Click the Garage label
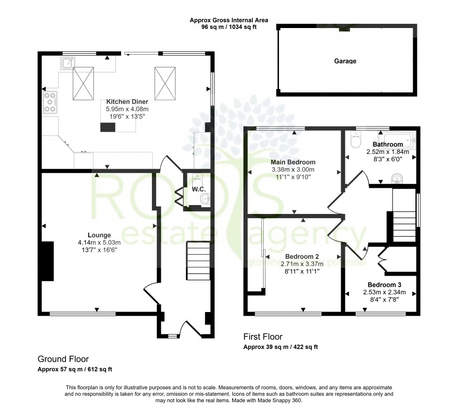tap(345, 61)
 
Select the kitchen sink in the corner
tap(66, 63)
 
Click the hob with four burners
tap(50, 103)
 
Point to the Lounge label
tap(99, 235)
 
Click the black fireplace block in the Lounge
tap(48, 261)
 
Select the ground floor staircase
tap(199, 260)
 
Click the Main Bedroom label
tap(293, 162)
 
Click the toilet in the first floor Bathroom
tap(357, 139)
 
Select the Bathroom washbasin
tap(397, 178)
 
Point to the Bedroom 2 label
tap(302, 256)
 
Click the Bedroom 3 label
tap(384, 285)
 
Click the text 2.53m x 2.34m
tap(384, 292)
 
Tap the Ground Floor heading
tap(63, 359)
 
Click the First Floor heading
tap(263, 336)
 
